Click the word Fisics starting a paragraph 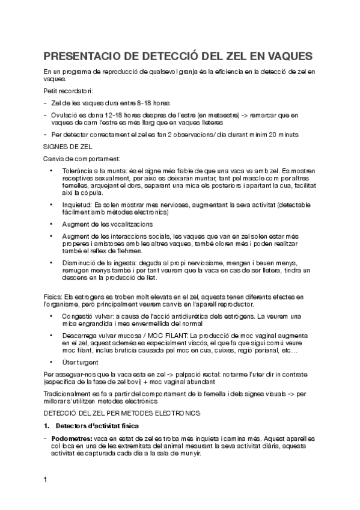[x=53, y=296]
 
